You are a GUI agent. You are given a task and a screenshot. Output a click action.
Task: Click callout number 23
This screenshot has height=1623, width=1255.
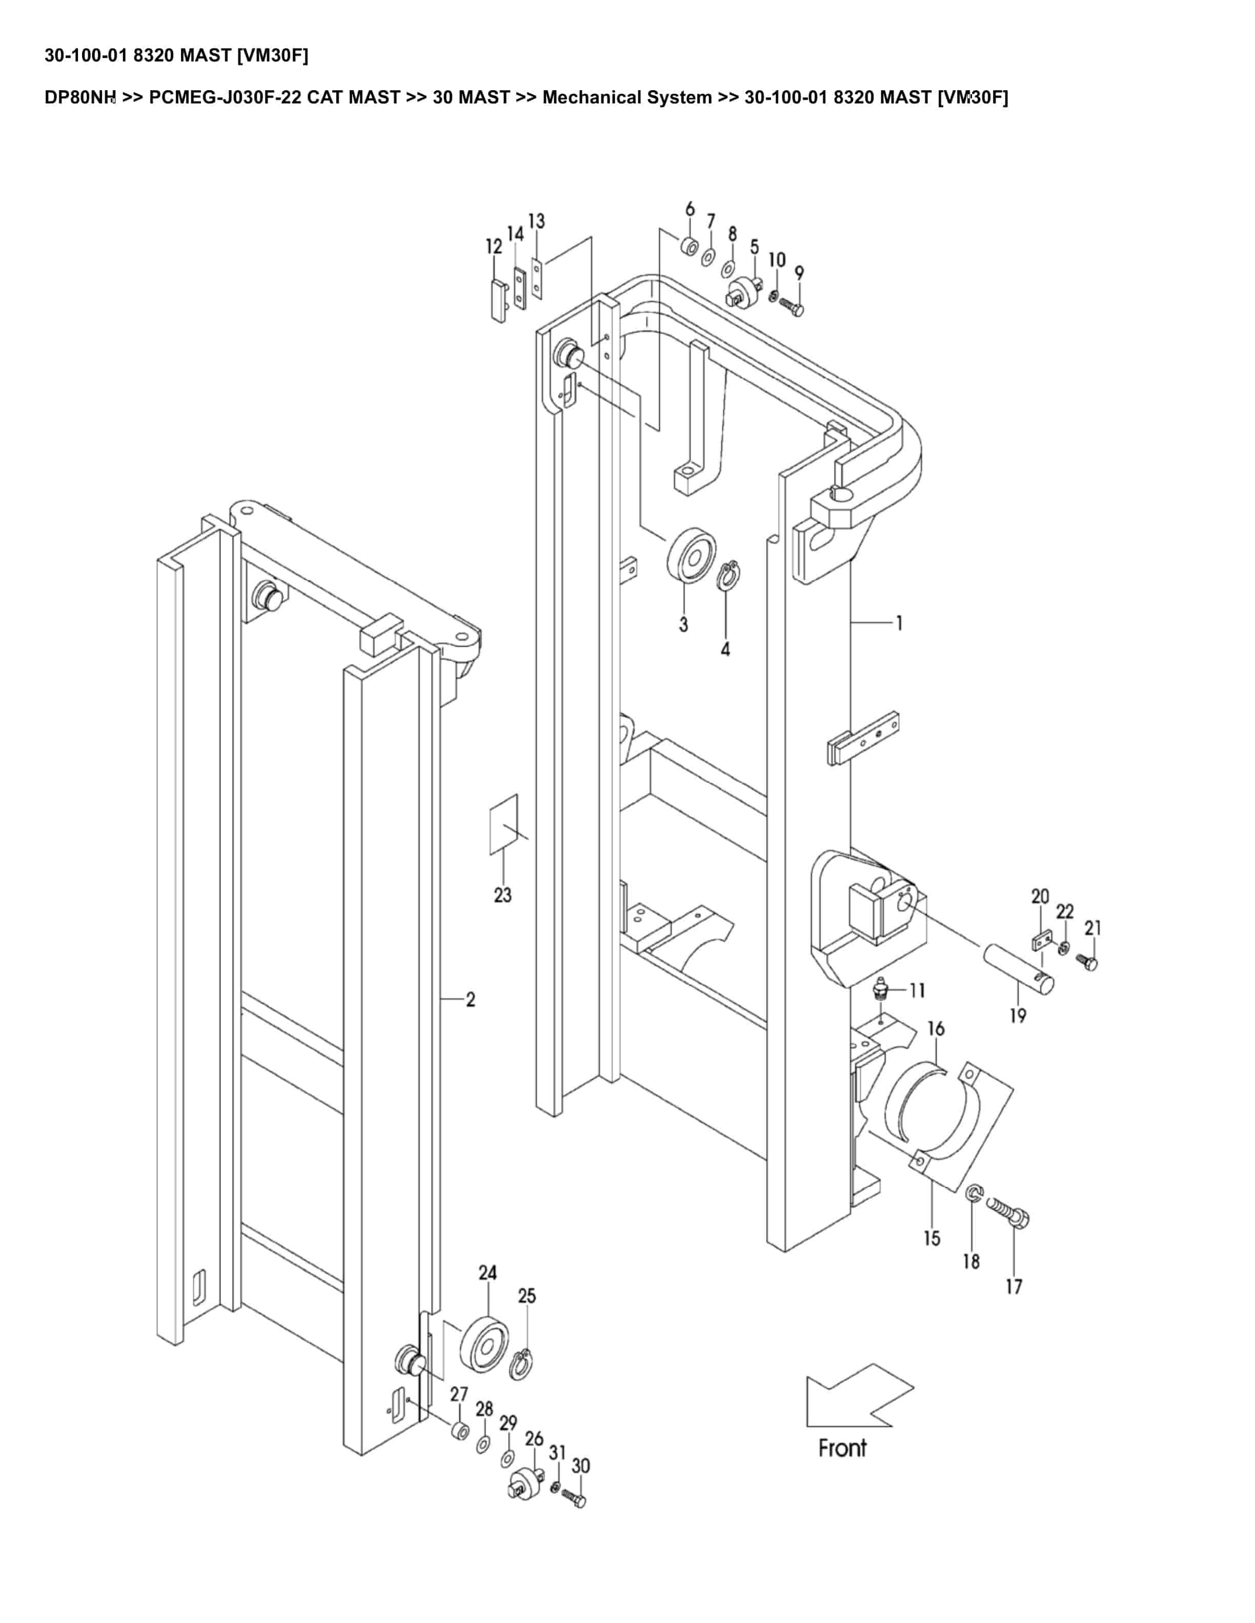pyautogui.click(x=502, y=894)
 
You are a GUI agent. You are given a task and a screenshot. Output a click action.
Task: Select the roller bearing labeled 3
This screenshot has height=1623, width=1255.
pyautogui.click(x=692, y=556)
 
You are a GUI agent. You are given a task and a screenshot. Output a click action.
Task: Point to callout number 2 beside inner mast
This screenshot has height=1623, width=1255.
pyautogui.click(x=471, y=1000)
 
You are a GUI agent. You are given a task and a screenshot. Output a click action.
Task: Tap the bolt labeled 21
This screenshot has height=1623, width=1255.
pyautogui.click(x=1090, y=964)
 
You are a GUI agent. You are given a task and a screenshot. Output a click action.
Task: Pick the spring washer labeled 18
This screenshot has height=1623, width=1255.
pyautogui.click(x=974, y=1194)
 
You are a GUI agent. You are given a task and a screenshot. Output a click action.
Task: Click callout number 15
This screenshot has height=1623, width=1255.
pyautogui.click(x=932, y=1238)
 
